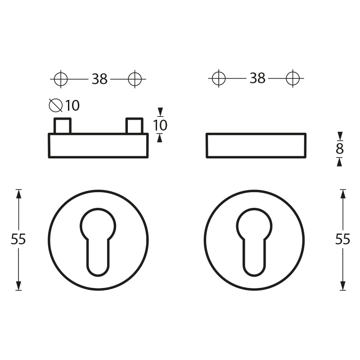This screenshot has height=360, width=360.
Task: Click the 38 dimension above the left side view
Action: pos(99,79)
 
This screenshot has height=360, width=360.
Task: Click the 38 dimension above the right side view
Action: pos(257,78)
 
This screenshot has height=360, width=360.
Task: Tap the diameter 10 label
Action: pos(64,105)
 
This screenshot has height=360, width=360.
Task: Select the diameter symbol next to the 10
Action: pos(56,105)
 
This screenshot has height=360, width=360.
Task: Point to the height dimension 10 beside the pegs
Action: pos(160,126)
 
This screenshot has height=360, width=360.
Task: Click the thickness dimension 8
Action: pos(340,149)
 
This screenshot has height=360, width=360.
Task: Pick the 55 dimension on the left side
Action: pos(18,239)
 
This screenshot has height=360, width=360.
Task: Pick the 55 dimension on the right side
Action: pos(342,239)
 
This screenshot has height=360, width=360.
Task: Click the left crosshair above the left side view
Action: pos(61,79)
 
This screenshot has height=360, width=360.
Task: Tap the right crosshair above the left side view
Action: pos(135,79)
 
